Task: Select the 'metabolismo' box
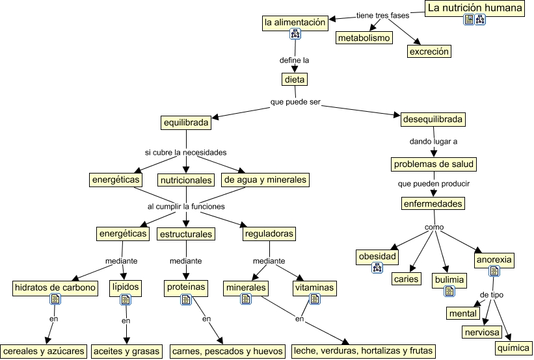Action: click(x=364, y=38)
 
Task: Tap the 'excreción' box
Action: click(x=429, y=51)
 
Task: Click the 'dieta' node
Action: click(x=295, y=79)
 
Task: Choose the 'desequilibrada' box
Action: click(x=433, y=119)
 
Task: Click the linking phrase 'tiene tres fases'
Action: click(x=382, y=15)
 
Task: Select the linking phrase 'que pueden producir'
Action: click(x=433, y=183)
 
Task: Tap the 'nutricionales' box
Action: click(x=186, y=179)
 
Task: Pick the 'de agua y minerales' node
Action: click(x=265, y=179)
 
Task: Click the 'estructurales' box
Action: click(x=187, y=233)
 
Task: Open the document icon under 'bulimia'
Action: click(x=449, y=291)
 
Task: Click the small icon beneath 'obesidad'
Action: click(x=377, y=268)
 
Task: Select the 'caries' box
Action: click(x=407, y=279)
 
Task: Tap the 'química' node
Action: click(x=513, y=348)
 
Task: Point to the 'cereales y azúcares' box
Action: click(x=44, y=351)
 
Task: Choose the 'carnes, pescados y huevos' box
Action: click(x=228, y=351)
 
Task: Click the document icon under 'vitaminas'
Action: click(x=314, y=299)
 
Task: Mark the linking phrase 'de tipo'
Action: click(x=491, y=295)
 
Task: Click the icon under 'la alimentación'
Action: click(x=295, y=34)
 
